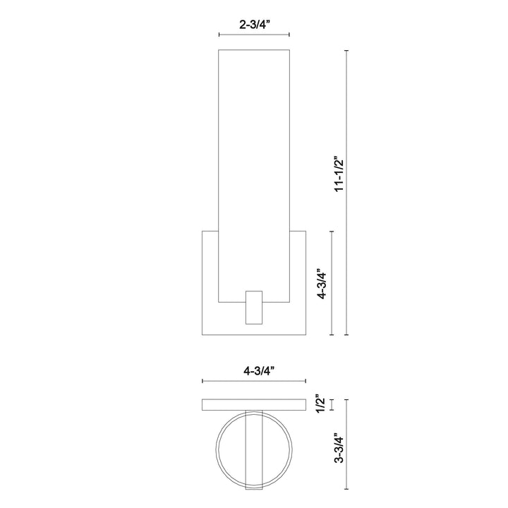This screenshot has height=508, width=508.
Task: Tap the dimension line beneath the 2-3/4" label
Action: pos(255,35)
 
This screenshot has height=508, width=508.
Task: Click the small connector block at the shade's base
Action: pos(254,306)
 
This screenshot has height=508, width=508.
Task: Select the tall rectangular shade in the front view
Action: pos(255,169)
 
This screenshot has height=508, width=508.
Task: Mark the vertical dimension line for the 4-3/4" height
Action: pos(332,283)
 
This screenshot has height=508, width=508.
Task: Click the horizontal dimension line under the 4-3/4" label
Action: pos(254,381)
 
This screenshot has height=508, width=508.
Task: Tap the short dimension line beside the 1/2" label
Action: pos(332,404)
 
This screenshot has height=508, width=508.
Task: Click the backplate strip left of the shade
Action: pos(210,282)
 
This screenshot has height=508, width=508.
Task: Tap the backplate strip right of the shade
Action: pos(298,282)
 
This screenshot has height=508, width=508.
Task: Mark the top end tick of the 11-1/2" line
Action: pos(346,50)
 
